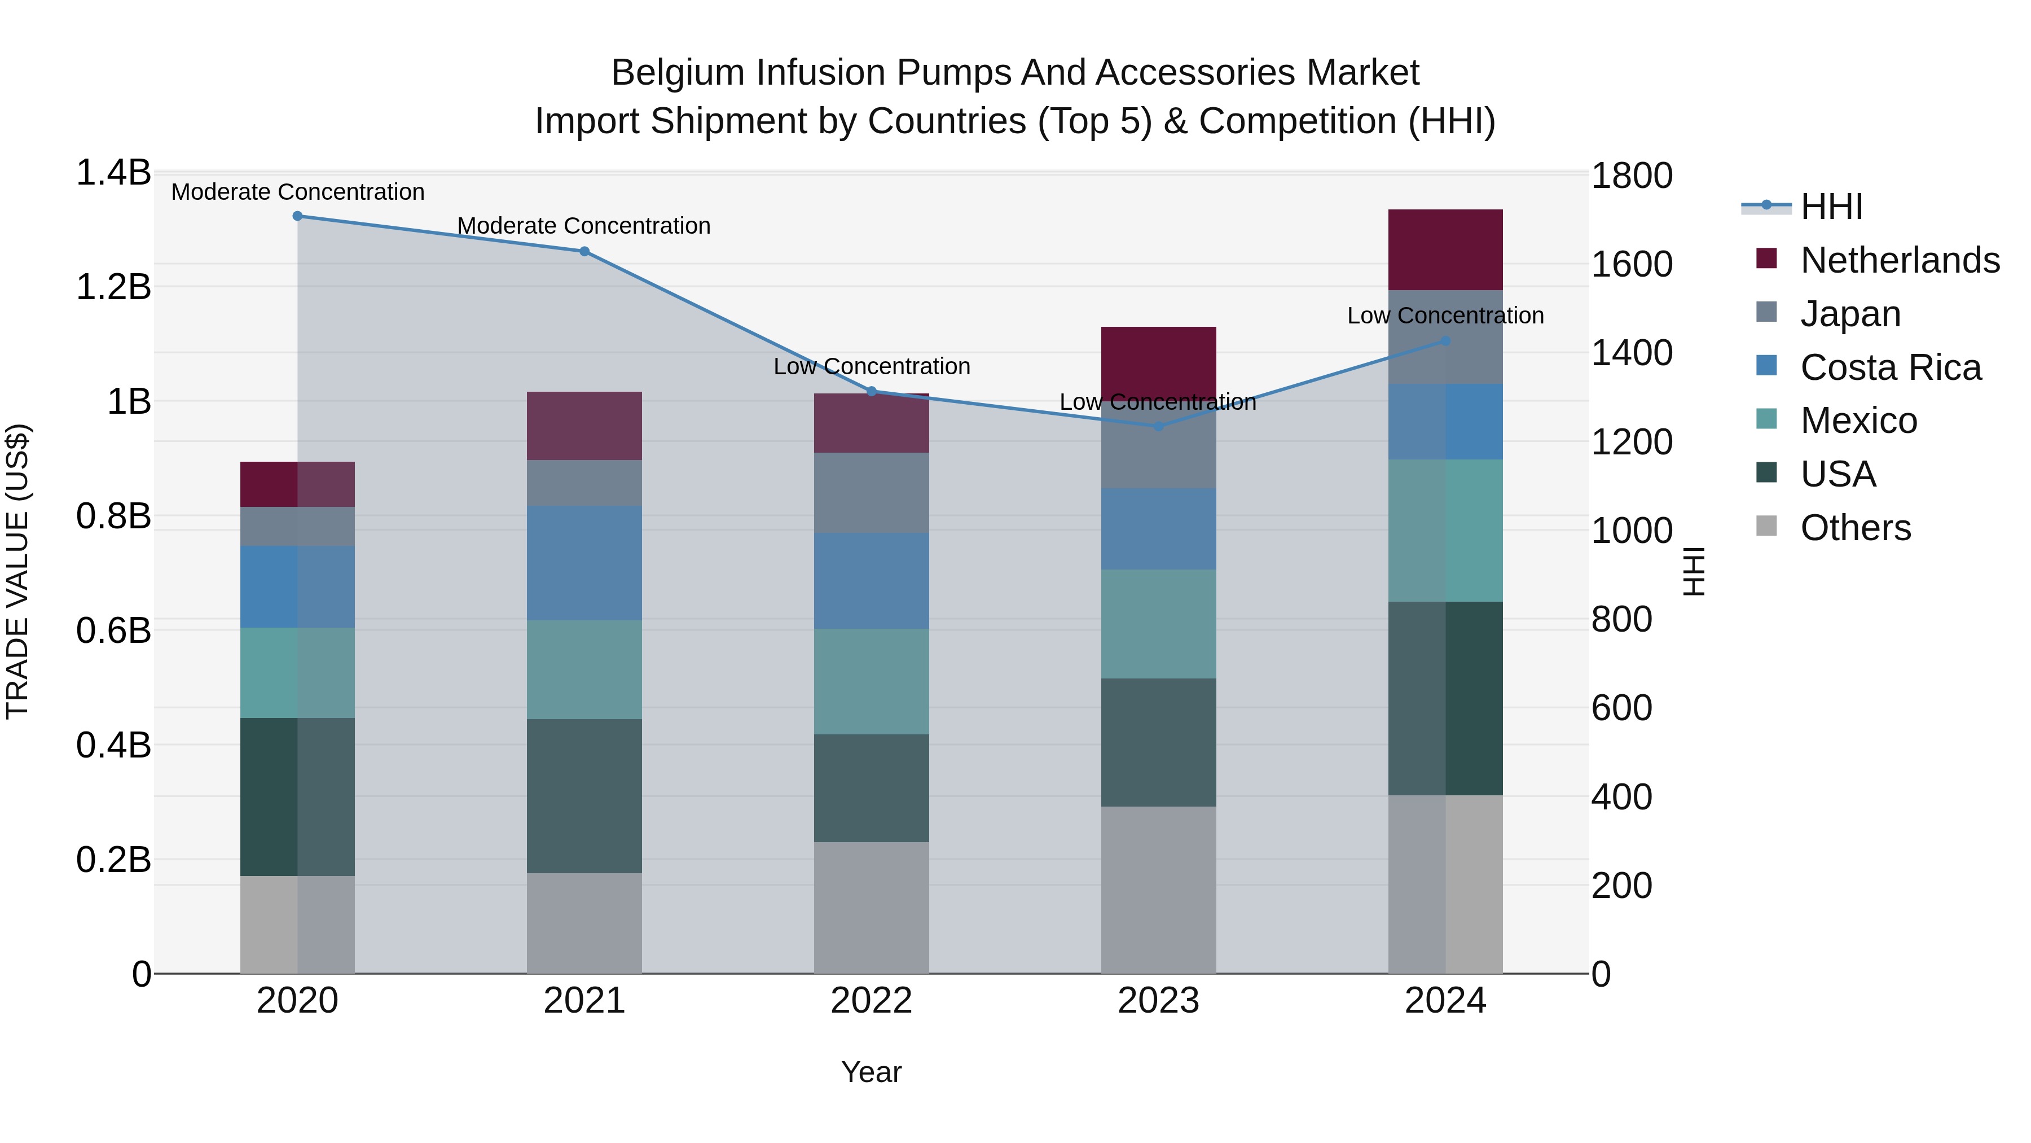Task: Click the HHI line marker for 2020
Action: point(297,216)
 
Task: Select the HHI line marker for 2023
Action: point(1158,426)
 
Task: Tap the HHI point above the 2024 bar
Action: point(1445,341)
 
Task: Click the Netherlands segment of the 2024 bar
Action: point(1445,249)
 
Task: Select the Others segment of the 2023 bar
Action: point(1158,889)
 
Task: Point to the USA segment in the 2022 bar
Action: point(871,787)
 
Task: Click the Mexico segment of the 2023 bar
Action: point(1158,623)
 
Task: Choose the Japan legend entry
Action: point(1850,314)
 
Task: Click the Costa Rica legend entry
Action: point(1890,367)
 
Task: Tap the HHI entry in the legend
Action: point(1831,207)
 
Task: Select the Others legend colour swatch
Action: point(1767,526)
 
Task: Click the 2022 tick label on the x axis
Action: point(871,1001)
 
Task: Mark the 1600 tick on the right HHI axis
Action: point(1630,264)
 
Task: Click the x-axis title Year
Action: point(871,1072)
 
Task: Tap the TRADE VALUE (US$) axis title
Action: point(18,571)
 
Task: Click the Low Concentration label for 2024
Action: point(1445,316)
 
